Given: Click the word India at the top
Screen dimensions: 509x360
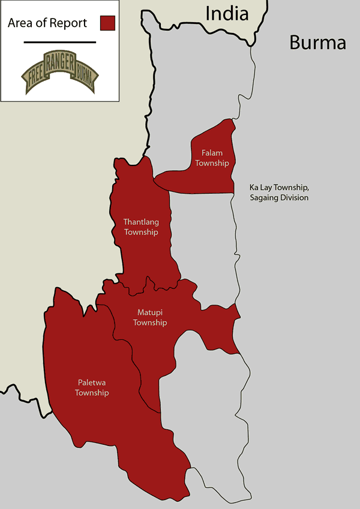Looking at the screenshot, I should pyautogui.click(x=227, y=13).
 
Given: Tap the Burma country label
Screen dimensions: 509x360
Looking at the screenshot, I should pyautogui.click(x=317, y=43).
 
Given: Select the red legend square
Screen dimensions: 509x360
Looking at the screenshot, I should pyautogui.click(x=107, y=23).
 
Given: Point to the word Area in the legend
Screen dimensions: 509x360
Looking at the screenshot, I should pyautogui.click(x=22, y=23).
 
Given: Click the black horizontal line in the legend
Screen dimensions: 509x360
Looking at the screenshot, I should pyautogui.click(x=60, y=42).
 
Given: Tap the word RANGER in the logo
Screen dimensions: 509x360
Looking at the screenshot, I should pyautogui.click(x=59, y=61).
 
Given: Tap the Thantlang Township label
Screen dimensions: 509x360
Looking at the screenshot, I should pyautogui.click(x=141, y=227).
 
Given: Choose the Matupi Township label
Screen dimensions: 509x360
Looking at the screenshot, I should pyautogui.click(x=149, y=318).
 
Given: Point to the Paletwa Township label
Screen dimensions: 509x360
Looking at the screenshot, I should pyautogui.click(x=92, y=387).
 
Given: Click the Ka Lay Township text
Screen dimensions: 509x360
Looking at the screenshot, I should pyautogui.click(x=278, y=188).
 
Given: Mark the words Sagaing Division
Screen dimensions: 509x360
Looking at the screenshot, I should pyautogui.click(x=279, y=198).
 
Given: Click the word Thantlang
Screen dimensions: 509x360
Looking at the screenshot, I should pyautogui.click(x=141, y=222).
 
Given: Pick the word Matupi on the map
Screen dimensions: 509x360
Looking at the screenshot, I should pyautogui.click(x=149, y=313).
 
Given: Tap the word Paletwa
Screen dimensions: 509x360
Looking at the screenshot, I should pyautogui.click(x=92, y=382).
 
